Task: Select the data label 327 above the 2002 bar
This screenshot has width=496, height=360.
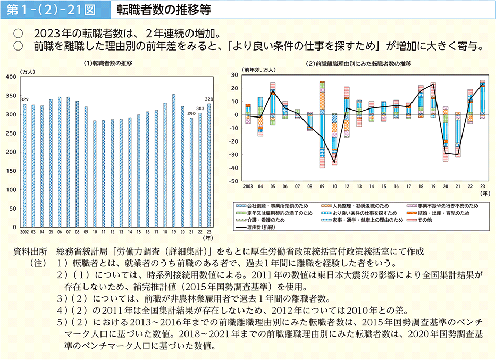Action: (x=24, y=100)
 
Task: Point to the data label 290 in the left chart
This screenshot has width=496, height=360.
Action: (x=191, y=114)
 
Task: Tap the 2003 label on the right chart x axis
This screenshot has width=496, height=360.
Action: (x=248, y=187)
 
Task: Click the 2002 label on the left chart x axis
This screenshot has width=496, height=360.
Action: (x=24, y=232)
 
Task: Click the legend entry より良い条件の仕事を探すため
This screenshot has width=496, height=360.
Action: (x=359, y=213)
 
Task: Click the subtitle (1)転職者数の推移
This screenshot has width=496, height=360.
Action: (x=108, y=63)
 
